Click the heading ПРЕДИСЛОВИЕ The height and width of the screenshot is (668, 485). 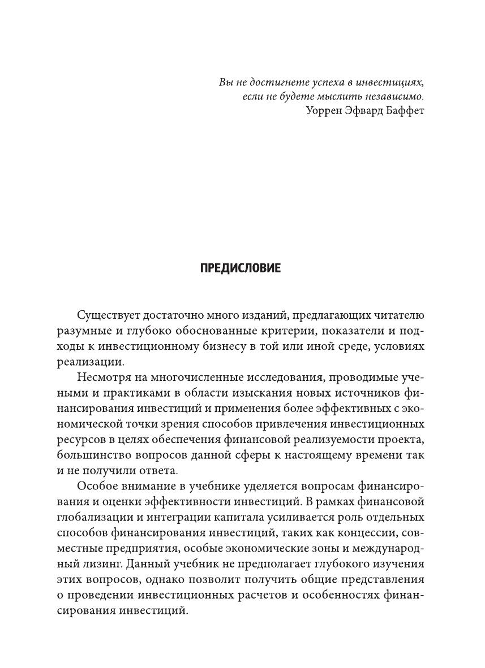click(241, 268)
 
